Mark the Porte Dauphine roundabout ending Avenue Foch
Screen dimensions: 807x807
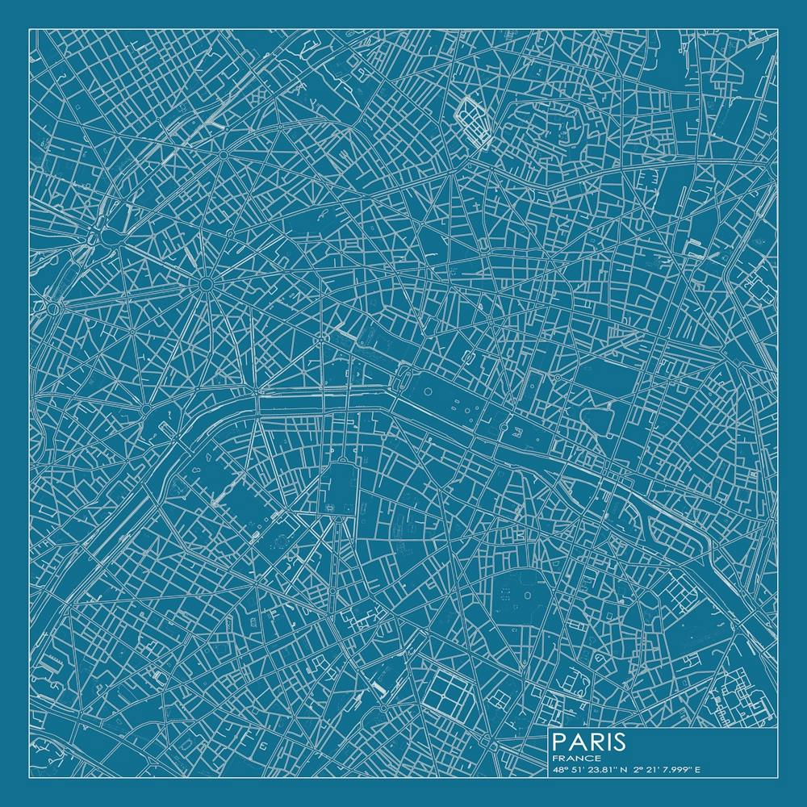click(55, 307)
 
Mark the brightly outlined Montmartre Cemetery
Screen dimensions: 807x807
click(475, 121)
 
